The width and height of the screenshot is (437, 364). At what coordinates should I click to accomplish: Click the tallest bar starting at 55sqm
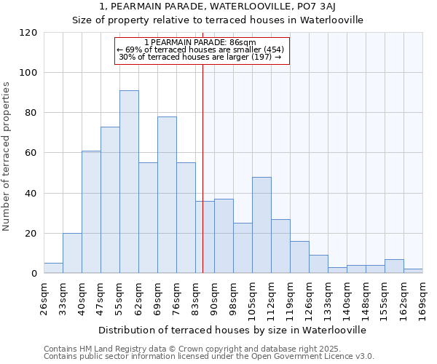129,182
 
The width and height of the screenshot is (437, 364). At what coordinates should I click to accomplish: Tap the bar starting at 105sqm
261,225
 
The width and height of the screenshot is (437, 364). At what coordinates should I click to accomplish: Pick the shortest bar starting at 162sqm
413,271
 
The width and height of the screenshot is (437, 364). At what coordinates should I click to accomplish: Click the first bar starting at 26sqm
53,268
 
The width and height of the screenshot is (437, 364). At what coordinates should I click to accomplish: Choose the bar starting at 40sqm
91,212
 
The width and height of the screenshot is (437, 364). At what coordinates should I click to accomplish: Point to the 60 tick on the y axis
31,153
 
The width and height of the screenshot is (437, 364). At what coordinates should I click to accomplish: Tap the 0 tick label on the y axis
34,274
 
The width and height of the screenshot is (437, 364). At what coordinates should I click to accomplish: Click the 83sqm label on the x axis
195,295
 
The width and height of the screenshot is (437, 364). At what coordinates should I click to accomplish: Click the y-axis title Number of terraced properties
7,157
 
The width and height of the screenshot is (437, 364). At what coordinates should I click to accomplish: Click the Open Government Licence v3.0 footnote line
208,356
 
